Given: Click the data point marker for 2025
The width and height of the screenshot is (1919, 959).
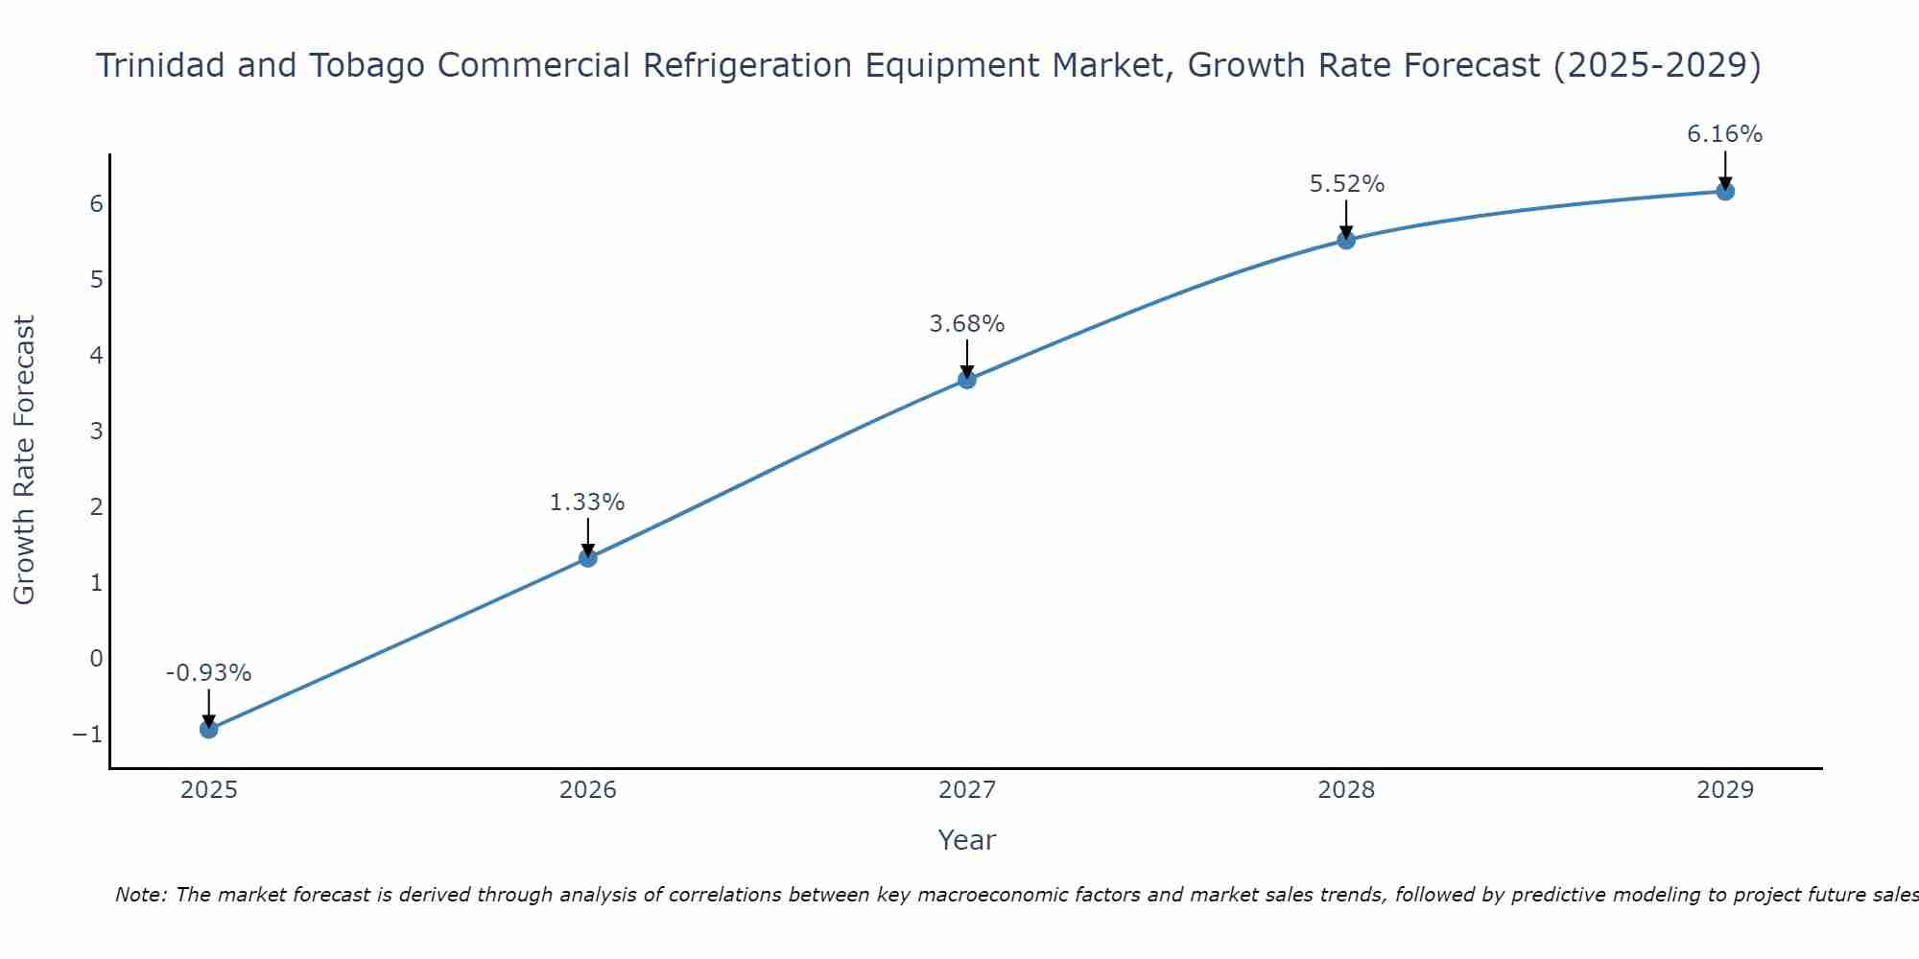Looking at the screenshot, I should tap(208, 729).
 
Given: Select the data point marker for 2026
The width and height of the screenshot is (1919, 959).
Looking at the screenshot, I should tap(587, 557).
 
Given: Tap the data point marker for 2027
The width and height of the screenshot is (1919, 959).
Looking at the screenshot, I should tap(966, 380).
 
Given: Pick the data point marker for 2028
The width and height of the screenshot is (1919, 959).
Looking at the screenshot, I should tap(1345, 240).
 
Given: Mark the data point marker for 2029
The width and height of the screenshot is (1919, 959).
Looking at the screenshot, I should tap(1724, 191).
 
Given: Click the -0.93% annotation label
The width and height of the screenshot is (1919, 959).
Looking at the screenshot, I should tap(208, 673).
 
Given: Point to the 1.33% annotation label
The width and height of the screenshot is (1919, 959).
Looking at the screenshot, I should tap(587, 503).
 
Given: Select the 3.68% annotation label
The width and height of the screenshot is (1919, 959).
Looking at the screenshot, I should tap(966, 324).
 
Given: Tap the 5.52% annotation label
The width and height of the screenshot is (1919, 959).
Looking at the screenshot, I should tap(1346, 184).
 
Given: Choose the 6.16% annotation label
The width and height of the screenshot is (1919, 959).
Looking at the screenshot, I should tap(1724, 134).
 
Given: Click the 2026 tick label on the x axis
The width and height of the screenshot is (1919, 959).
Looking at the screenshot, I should tap(587, 790).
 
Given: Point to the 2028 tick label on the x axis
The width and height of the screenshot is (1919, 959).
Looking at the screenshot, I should tap(1345, 790).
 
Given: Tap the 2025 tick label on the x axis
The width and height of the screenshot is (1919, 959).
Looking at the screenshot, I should tap(208, 790).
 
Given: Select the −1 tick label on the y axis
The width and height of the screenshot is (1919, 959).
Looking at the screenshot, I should tap(87, 735).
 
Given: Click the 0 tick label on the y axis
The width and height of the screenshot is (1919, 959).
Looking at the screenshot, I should tap(96, 659).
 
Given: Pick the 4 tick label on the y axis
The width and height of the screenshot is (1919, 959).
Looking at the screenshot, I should tap(96, 356).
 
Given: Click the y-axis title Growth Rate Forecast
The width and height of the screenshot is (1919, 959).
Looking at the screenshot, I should tap(24, 460).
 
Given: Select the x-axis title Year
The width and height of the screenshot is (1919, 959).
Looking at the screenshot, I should tap(966, 840).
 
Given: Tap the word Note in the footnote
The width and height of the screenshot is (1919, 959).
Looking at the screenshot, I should tap(140, 895).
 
